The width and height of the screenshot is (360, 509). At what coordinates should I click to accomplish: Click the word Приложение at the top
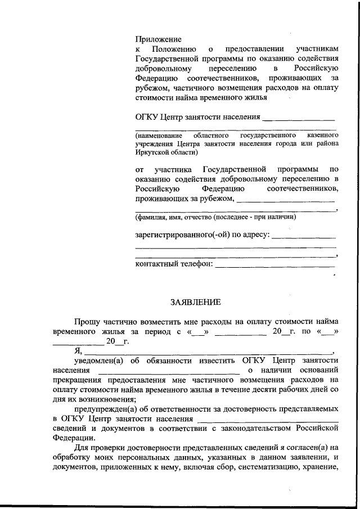[158, 39]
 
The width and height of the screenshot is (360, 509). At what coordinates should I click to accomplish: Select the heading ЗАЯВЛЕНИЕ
[195, 302]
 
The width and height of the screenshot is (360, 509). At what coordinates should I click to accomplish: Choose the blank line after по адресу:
[304, 237]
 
